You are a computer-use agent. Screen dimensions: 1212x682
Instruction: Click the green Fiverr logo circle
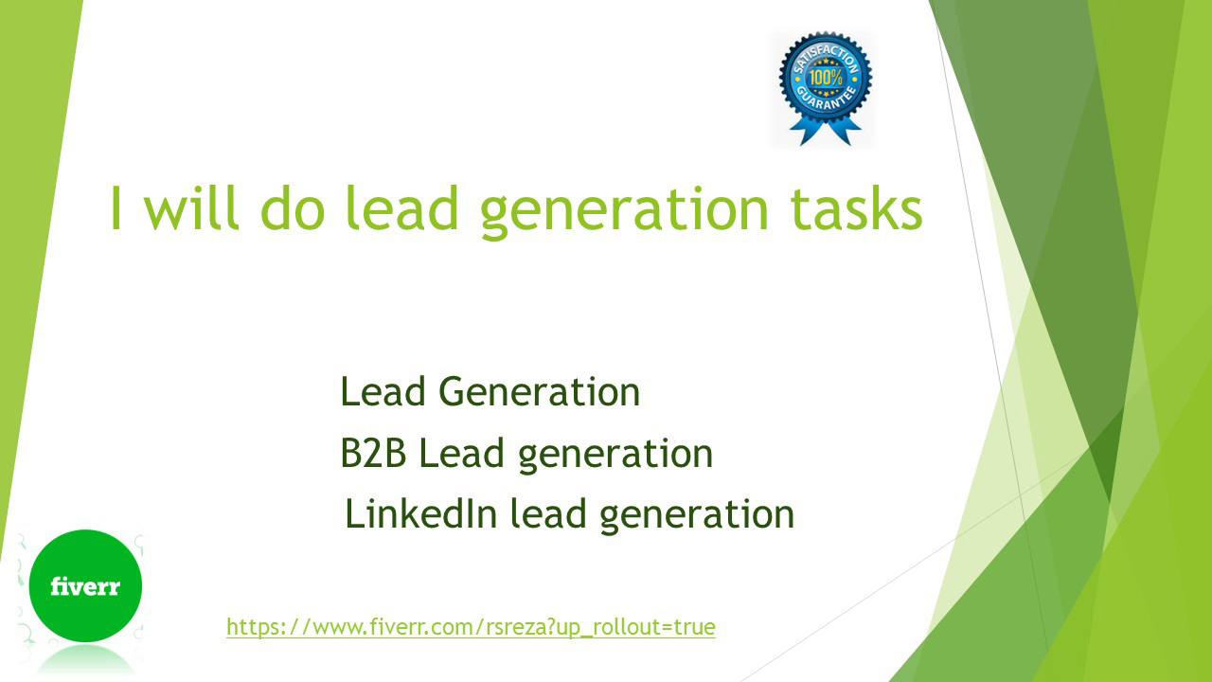85,585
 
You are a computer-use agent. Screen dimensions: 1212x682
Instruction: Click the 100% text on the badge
826,78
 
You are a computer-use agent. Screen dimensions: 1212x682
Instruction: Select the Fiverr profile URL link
471,627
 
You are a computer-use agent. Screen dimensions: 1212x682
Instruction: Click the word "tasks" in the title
856,209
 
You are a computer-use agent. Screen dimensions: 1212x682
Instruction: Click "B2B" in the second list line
373,453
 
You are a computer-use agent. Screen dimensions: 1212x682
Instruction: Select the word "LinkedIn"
421,513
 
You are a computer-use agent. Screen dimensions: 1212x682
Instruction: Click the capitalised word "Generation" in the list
539,391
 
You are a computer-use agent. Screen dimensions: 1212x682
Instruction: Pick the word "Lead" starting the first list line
383,391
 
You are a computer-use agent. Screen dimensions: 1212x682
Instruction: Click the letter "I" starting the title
115,208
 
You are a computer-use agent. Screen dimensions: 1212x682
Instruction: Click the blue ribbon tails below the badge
825,131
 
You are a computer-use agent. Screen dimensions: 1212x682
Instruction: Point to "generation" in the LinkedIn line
697,516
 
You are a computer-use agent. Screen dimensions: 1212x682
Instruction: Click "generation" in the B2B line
615,456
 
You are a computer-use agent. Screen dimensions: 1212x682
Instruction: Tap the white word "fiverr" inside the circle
85,586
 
